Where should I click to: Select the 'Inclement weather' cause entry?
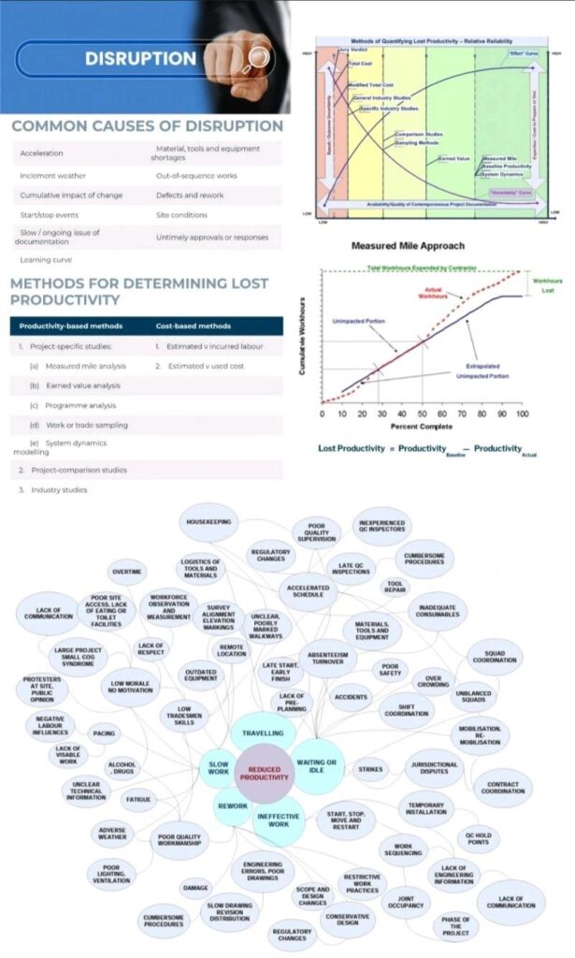click(x=50, y=176)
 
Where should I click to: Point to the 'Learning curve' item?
click(x=47, y=259)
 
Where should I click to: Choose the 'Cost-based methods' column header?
click(x=193, y=327)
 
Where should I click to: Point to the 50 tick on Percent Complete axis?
click(x=422, y=413)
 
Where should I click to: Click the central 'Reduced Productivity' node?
click(x=264, y=773)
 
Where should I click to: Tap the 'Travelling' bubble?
click(x=263, y=733)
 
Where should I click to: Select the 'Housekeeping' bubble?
click(x=209, y=521)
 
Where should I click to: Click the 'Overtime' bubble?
click(x=127, y=571)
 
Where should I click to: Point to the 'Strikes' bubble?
click(x=370, y=770)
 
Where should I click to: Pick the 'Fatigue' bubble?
click(x=139, y=800)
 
